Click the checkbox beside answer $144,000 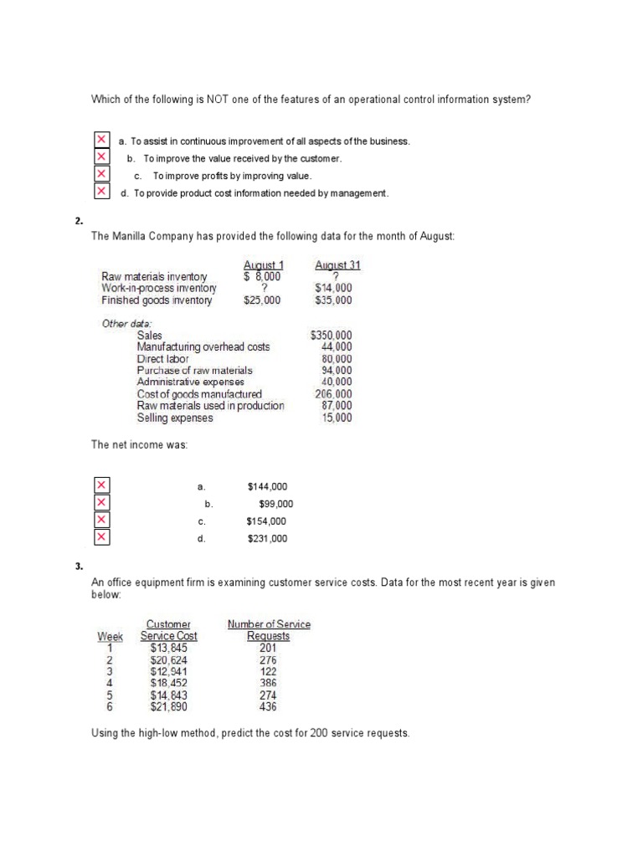tap(101, 485)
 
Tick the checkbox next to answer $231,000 tap(101, 537)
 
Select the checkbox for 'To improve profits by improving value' tap(101, 175)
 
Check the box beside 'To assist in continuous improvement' tap(101, 140)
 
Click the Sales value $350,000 tap(331, 335)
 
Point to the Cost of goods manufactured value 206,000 tap(333, 394)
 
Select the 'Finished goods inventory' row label tap(157, 300)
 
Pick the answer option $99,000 tap(275, 504)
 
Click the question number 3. tap(78, 567)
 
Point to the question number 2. tap(78, 221)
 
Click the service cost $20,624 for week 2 tap(169, 659)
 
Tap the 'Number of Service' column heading tap(269, 624)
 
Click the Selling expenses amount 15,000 tap(337, 418)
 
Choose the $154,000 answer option tap(266, 521)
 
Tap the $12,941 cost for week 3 tap(169, 671)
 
